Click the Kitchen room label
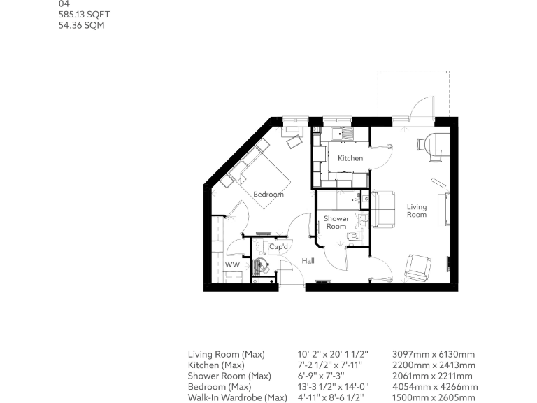350,158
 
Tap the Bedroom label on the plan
268,194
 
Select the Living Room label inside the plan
417,211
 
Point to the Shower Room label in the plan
336,222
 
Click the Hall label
308,261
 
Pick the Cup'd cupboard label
280,247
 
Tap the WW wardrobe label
231,265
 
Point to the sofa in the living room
383,209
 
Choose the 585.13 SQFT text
84,15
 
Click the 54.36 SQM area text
82,26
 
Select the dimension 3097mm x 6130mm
434,355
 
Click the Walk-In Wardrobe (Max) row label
237,397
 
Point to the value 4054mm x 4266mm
435,387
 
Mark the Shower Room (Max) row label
229,376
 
